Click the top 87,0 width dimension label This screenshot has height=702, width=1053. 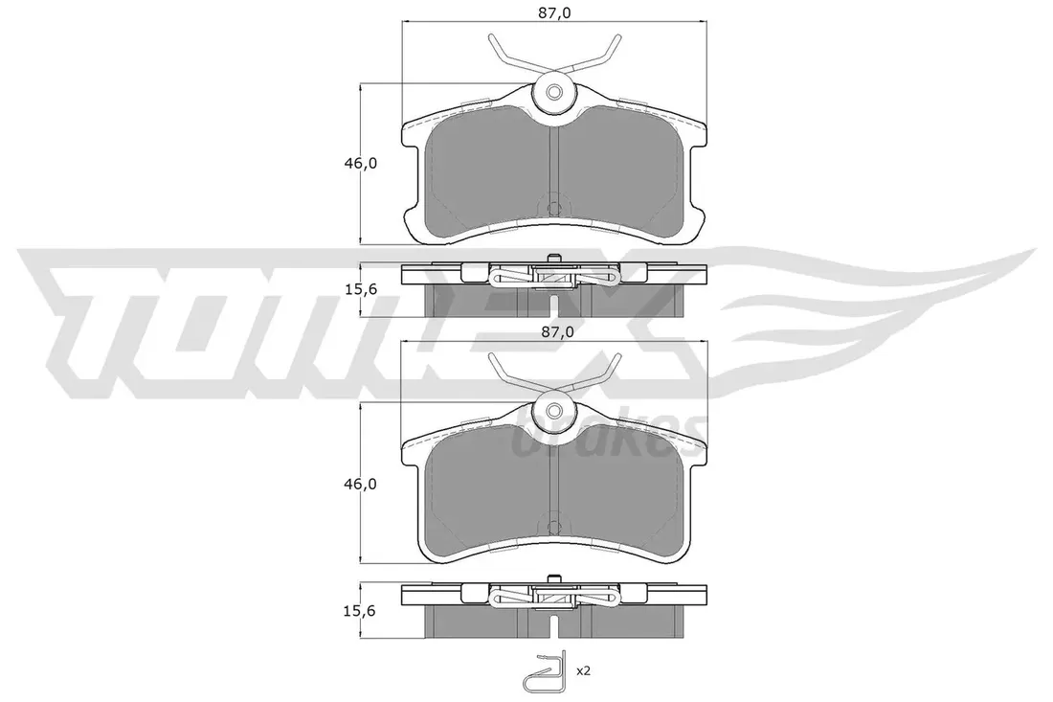coord(554,12)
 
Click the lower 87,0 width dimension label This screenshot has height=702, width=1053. coord(554,332)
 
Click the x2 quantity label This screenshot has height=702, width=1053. coord(584,670)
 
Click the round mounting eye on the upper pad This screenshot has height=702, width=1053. coord(553,92)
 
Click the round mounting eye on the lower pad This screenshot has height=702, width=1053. coord(553,411)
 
